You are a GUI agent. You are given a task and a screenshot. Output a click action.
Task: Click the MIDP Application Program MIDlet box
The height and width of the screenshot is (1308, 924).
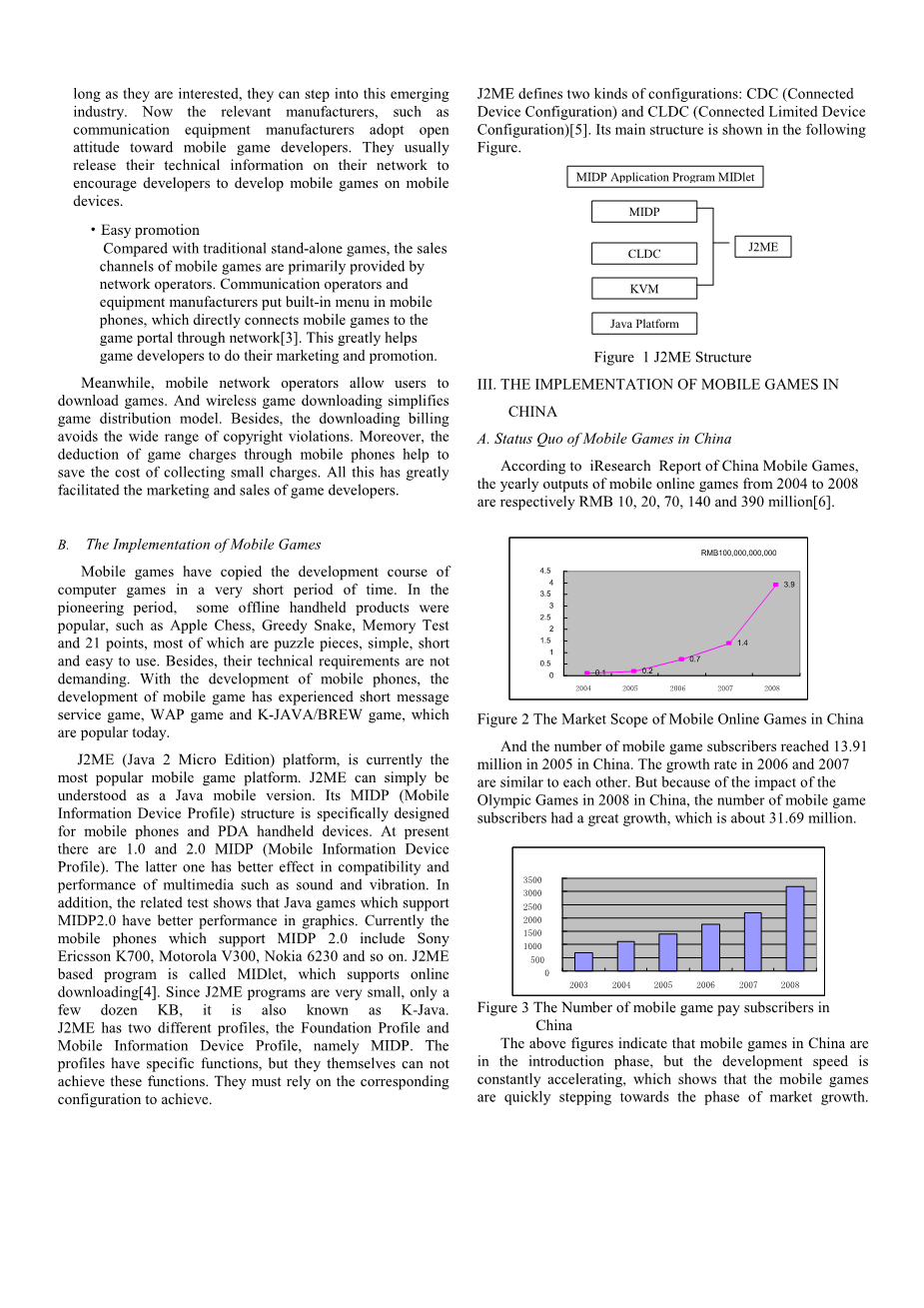click(665, 177)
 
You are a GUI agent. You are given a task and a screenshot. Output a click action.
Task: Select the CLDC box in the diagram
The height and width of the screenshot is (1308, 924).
click(643, 254)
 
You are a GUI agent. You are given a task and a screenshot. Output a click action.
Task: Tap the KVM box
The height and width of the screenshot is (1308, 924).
click(643, 289)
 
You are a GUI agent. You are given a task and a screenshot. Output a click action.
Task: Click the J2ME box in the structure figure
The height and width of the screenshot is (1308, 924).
click(763, 247)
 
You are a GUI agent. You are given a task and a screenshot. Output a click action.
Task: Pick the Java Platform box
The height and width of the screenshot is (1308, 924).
click(643, 324)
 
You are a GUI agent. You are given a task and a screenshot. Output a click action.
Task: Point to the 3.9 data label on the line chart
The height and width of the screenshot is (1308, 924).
click(789, 585)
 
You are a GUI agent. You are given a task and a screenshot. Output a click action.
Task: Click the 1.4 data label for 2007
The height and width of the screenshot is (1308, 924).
click(742, 644)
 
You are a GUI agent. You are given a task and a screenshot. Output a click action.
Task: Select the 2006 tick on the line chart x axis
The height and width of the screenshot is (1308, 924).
click(677, 688)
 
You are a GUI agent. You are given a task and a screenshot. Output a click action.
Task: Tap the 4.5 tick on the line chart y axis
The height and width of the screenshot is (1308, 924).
click(545, 571)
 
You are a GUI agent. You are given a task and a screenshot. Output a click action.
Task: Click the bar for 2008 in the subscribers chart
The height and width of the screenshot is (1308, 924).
click(795, 928)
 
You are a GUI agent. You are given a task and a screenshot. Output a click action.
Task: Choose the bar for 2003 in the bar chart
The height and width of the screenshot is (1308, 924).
click(583, 961)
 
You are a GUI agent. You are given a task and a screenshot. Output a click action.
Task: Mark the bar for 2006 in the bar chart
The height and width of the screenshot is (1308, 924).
click(710, 947)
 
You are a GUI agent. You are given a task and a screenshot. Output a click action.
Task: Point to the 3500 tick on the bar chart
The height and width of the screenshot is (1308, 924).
click(532, 880)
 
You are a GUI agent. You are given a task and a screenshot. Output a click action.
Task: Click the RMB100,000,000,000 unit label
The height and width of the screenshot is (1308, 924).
click(738, 553)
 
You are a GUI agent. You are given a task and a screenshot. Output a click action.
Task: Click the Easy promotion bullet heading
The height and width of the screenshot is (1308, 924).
click(150, 231)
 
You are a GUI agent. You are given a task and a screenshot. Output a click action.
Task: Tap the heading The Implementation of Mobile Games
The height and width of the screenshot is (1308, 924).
click(203, 545)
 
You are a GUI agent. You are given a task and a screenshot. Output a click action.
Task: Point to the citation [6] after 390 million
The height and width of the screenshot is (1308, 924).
click(824, 502)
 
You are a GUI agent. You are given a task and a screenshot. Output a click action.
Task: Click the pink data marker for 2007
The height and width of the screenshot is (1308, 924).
click(729, 644)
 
